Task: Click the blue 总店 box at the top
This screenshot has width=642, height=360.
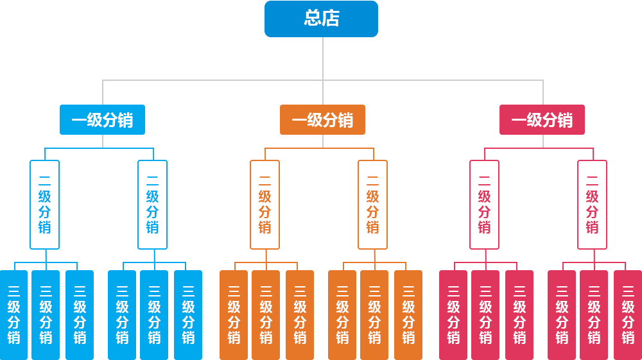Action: click(x=321, y=19)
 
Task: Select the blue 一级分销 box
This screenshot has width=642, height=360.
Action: click(x=102, y=119)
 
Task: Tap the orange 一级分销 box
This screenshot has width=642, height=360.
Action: click(x=322, y=119)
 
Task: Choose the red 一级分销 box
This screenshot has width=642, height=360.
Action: click(x=542, y=119)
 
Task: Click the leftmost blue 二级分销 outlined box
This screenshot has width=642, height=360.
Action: click(x=44, y=204)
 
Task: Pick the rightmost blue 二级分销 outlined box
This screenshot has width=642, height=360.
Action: click(x=153, y=204)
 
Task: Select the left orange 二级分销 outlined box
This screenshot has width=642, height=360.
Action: click(x=265, y=204)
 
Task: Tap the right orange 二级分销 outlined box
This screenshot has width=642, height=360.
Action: click(x=372, y=204)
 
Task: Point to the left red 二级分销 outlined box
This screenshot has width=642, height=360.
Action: click(x=484, y=204)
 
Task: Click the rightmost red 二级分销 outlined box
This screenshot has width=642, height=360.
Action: click(x=592, y=204)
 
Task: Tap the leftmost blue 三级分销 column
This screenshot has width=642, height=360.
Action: click(x=14, y=314)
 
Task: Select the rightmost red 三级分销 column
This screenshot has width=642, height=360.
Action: click(x=627, y=314)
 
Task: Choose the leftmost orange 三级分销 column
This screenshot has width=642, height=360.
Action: click(x=234, y=314)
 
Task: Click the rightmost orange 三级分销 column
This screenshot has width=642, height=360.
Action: click(x=408, y=314)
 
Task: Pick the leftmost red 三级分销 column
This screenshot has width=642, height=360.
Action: click(x=453, y=314)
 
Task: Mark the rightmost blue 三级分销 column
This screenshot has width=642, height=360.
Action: click(x=188, y=314)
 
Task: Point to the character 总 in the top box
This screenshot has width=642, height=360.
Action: click(x=313, y=19)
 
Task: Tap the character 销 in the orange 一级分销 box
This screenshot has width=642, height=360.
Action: click(x=345, y=120)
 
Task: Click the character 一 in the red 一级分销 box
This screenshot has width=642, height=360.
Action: click(x=519, y=120)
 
